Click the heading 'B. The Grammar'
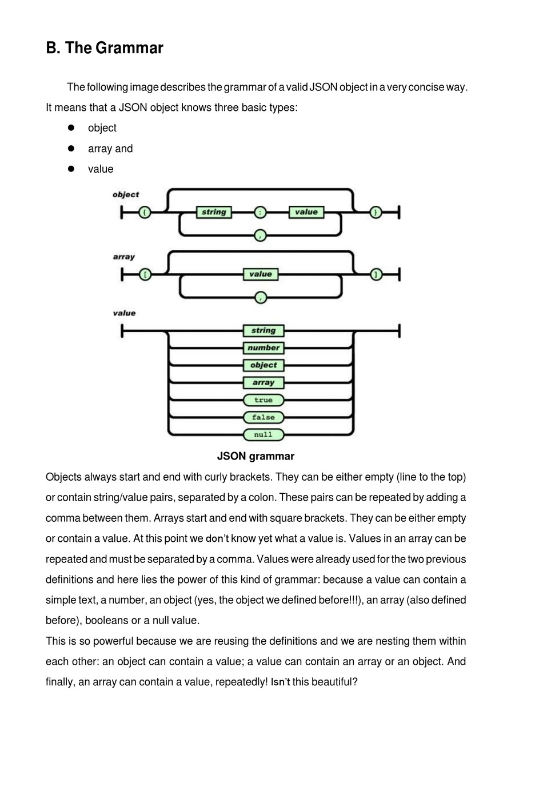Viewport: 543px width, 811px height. [x=104, y=48]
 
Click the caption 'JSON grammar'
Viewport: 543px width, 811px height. [x=255, y=456]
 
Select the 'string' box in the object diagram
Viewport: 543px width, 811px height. [x=214, y=212]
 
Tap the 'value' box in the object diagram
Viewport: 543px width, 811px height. [x=306, y=212]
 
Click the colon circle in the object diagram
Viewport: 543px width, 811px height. [x=260, y=212]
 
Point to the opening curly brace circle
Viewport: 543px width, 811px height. [x=145, y=212]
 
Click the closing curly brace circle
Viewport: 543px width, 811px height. [x=376, y=212]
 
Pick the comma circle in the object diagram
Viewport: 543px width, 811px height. [x=260, y=235]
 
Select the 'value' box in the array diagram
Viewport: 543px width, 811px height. [x=261, y=274]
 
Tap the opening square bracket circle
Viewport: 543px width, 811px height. [x=145, y=275]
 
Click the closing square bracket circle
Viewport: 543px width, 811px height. [x=376, y=275]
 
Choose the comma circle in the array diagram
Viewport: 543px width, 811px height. [x=261, y=298]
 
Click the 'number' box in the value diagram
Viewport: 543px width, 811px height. [x=263, y=348]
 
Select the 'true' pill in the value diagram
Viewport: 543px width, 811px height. [x=263, y=400]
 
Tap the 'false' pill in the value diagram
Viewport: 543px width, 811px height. [x=263, y=417]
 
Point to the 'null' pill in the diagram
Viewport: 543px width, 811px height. [x=263, y=435]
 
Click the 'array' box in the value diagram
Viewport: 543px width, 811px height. [x=263, y=383]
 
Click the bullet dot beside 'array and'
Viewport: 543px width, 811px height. [x=71, y=149]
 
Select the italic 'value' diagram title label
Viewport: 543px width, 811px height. [x=124, y=313]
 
